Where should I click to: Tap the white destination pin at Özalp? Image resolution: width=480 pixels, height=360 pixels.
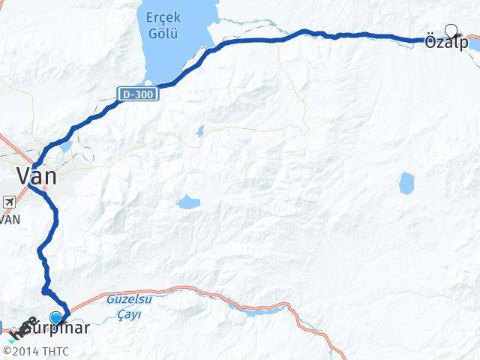[x=451, y=30]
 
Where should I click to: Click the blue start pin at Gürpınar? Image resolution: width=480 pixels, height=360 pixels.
[x=55, y=316]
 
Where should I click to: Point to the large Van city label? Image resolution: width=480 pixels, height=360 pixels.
[x=37, y=177]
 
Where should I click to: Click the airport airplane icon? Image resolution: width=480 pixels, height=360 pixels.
[x=8, y=202]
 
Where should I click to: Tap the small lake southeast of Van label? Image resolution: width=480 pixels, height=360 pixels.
[x=187, y=202]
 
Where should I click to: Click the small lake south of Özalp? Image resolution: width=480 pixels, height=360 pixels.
[x=406, y=181]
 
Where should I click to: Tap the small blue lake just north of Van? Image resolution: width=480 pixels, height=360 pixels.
[x=66, y=145]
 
